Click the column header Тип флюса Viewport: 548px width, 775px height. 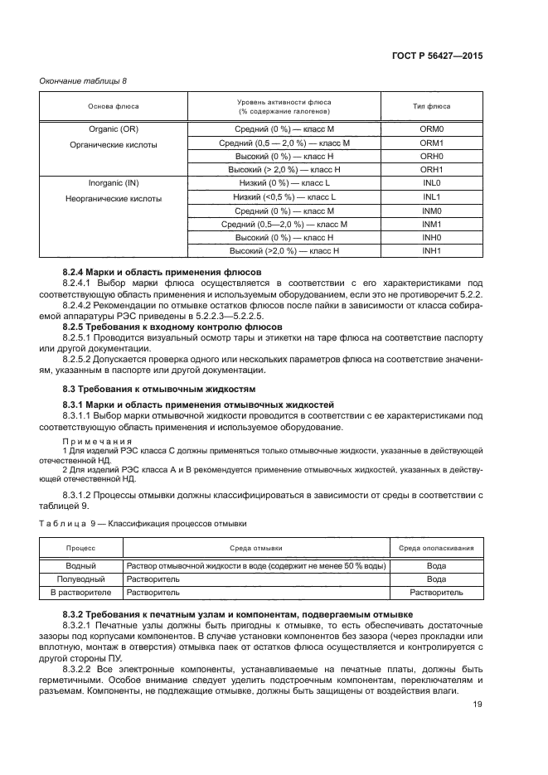tap(431, 106)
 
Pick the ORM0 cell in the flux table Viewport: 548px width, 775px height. tap(431, 130)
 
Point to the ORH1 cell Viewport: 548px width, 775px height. tap(431, 169)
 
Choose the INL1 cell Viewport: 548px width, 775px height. tap(431, 197)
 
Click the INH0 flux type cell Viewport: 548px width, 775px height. tap(431, 237)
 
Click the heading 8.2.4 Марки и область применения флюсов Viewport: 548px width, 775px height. tap(162, 272)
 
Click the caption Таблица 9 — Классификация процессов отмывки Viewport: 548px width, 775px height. tap(142, 524)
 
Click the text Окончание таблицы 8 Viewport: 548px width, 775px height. tap(83, 80)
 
